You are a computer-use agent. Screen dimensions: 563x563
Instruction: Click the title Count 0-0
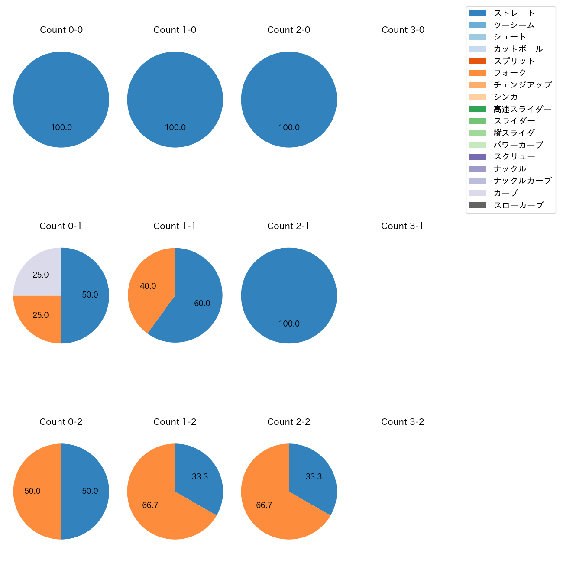coord(61,30)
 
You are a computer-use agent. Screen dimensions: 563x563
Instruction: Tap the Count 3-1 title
coord(402,226)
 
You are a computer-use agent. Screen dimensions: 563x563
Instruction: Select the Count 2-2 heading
coord(288,422)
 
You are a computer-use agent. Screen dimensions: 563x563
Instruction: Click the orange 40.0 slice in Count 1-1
coord(149,288)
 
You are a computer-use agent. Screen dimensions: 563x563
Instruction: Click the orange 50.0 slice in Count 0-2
coord(35,491)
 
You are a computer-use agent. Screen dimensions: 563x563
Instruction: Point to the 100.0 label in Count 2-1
coord(289,324)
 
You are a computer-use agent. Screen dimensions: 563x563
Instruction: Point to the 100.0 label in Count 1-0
coord(175,128)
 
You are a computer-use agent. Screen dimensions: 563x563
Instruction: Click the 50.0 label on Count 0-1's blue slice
coord(90,295)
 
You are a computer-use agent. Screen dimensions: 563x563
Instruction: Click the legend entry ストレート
coord(514,13)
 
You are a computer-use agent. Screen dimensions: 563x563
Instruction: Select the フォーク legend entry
coord(510,73)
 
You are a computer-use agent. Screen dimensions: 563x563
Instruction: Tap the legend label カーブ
coord(505,193)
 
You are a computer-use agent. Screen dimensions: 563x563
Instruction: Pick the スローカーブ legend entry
coord(518,205)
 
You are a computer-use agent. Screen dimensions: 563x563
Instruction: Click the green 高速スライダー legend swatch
coord(478,109)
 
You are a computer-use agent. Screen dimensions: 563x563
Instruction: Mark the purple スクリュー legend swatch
coord(478,157)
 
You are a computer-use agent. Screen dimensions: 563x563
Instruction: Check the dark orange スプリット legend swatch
coord(478,61)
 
